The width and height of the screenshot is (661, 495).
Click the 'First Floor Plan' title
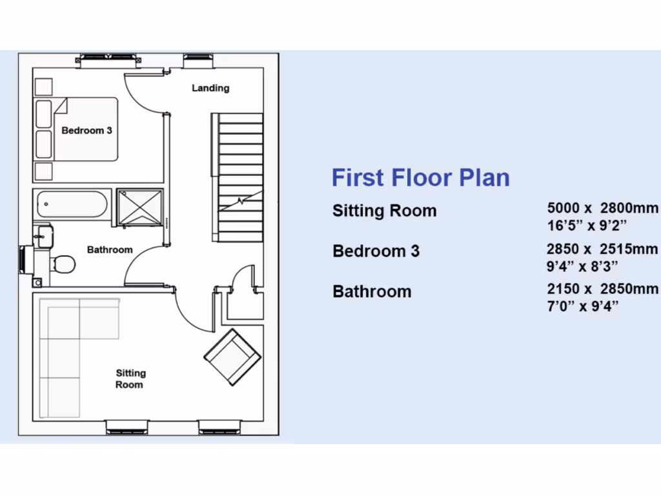420,178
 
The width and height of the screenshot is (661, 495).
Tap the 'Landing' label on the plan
210,88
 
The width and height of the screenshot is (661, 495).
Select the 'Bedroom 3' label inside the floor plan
86,130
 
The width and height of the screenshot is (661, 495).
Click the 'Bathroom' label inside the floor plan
110,249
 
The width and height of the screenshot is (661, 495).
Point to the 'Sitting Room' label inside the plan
130,378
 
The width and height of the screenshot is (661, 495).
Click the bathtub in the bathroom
72,204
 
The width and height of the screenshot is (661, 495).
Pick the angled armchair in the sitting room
232,356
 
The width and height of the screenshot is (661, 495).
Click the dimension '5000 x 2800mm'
603,209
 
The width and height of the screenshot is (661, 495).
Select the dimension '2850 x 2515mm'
603,249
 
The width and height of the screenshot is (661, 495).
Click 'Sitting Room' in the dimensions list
384,211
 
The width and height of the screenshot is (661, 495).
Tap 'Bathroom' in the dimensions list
372,291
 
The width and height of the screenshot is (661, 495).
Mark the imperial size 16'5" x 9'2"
587,225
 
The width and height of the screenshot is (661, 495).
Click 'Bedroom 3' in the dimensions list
376,251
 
